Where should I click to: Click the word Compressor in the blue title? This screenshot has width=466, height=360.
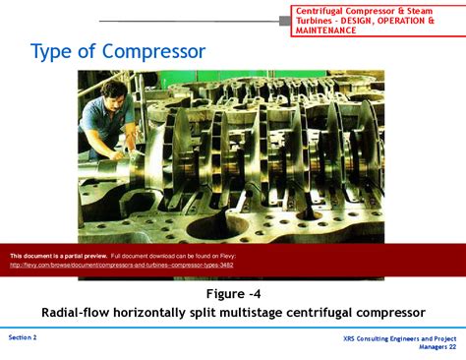[155, 51]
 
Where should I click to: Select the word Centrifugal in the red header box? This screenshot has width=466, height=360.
[325, 10]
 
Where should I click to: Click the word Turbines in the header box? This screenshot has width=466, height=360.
[316, 20]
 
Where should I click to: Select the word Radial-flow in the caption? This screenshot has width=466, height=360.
[77, 312]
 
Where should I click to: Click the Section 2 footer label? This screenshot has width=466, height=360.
[23, 337]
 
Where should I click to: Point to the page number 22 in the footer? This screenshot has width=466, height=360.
[451, 347]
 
